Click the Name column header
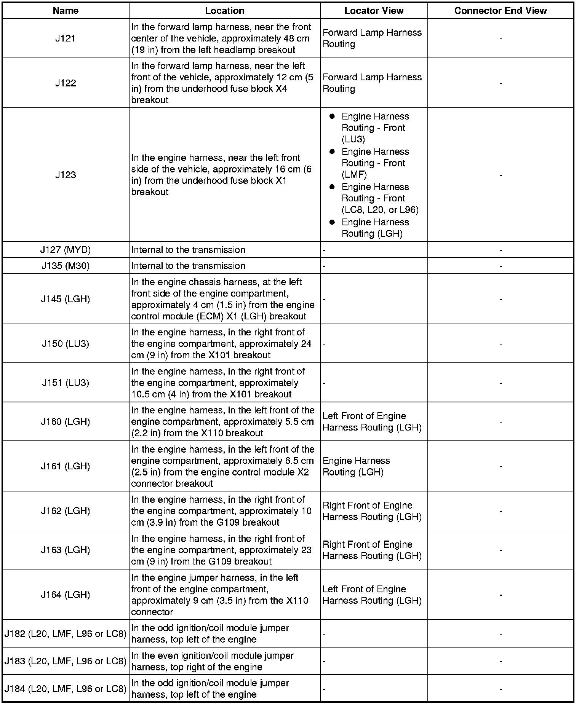click(66, 11)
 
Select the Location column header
click(224, 11)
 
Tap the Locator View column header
click(374, 11)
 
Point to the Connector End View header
click(500, 11)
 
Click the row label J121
click(66, 38)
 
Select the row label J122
click(66, 83)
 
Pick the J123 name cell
click(66, 175)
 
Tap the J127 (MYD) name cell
click(66, 250)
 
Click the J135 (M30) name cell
click(66, 266)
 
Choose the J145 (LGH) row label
click(66, 299)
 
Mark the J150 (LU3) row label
click(66, 344)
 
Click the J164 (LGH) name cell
click(66, 595)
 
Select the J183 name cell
click(66, 661)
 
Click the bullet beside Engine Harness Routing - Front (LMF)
click(332, 152)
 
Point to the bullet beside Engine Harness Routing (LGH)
click(332, 222)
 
